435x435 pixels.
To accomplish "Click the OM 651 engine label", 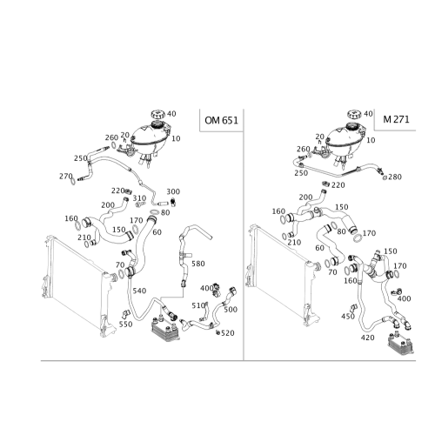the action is tap(221, 120).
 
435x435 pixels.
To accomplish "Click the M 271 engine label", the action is tap(396, 119).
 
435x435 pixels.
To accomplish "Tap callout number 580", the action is tap(198, 264).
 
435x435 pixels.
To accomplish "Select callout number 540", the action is tap(139, 291).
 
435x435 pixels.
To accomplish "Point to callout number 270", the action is tap(66, 176).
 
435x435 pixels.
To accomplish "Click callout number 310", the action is tap(139, 198).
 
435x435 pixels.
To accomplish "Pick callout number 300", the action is tap(173, 191).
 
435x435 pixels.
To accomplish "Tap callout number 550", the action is tap(126, 324).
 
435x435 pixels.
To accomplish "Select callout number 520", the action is tap(228, 333).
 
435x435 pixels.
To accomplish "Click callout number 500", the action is tap(231, 310).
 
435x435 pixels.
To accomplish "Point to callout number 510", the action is tap(198, 305).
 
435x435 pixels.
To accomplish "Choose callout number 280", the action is tap(395, 177).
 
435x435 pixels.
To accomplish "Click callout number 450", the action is tap(348, 316).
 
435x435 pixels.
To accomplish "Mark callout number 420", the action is tap(368, 338).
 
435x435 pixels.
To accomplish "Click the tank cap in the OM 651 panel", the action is tap(157, 114).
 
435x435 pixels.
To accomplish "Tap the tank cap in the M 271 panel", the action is tap(354, 114).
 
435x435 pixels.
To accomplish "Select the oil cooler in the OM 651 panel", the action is tap(164, 329).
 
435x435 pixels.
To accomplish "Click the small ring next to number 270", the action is tap(73, 181).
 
